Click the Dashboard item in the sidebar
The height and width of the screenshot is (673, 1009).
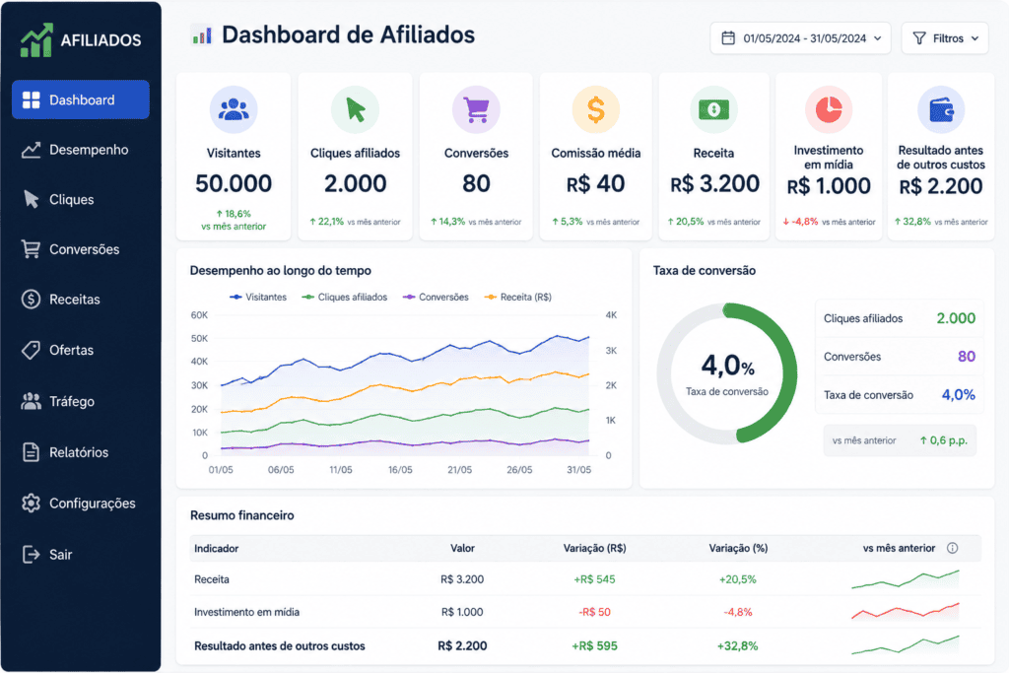pos(81,100)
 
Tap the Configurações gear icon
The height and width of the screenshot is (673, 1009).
pos(31,504)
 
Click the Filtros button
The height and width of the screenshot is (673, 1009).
pos(945,38)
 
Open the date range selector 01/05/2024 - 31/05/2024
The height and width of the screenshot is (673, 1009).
pos(800,38)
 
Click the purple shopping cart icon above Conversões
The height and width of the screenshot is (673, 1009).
pos(476,109)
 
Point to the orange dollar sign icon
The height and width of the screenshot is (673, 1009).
pos(596,109)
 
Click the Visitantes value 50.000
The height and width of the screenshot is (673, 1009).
pos(234,183)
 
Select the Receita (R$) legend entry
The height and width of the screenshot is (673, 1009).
pos(518,298)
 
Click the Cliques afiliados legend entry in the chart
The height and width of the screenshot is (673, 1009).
pos(345,298)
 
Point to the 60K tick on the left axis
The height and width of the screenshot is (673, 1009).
pos(199,315)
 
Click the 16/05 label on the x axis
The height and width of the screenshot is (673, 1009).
pos(400,470)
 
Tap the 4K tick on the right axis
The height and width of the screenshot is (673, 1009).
pos(611,315)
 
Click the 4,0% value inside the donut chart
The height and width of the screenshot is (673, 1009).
pos(727,366)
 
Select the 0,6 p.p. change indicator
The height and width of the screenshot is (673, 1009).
pos(944,440)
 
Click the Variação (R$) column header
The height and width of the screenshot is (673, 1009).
pos(594,548)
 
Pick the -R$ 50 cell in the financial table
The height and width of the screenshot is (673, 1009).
pos(594,612)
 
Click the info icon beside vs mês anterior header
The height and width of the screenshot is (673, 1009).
pos(953,548)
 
